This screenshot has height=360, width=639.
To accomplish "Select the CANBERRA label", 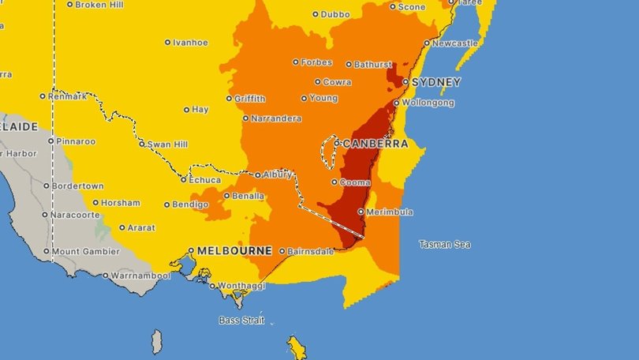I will (376, 144).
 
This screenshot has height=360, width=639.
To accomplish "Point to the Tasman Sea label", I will (445, 244).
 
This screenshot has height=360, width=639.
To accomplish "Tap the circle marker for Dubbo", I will (315, 14).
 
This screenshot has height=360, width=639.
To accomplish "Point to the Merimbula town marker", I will (361, 212).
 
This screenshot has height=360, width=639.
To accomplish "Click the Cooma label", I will (355, 182).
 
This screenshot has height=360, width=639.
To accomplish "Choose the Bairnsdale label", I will (312, 251).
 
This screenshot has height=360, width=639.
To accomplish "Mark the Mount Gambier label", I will (87, 252).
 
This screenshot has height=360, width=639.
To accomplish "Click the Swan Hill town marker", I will (142, 144).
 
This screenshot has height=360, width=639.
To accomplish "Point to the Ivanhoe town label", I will (190, 43).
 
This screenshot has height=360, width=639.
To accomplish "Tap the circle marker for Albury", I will (258, 174).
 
